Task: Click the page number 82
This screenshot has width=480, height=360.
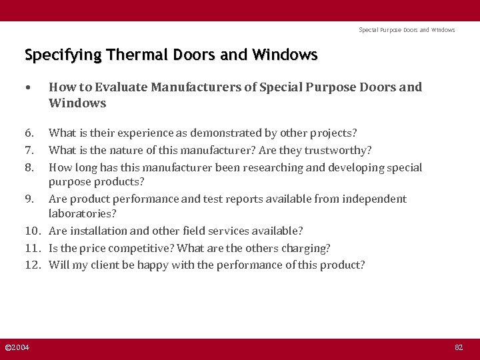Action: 458,348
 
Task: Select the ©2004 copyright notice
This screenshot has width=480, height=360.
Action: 17,348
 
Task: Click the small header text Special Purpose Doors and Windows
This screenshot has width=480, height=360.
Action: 407,30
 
